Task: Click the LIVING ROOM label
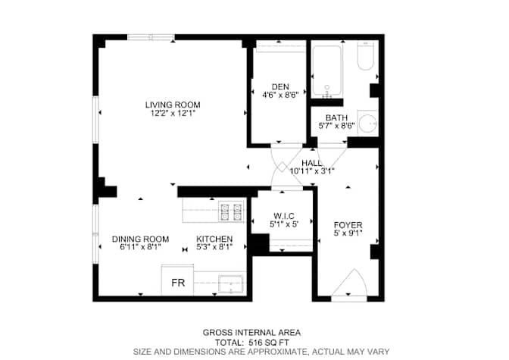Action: [x=173, y=105]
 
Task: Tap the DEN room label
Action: [x=280, y=86]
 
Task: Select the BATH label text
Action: [x=336, y=117]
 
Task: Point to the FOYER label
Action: [x=348, y=225]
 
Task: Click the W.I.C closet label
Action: [x=284, y=216]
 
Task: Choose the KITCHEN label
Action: [x=214, y=239]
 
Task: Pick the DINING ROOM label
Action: [x=141, y=239]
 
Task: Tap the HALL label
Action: [x=312, y=163]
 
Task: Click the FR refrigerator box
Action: [x=177, y=280]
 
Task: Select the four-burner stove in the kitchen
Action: [x=231, y=211]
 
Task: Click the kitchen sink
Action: [x=231, y=284]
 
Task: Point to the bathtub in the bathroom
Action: [x=327, y=71]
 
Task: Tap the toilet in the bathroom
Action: [x=366, y=56]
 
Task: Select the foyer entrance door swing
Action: [x=349, y=283]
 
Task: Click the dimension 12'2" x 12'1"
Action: [x=173, y=113]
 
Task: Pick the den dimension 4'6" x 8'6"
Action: [x=280, y=95]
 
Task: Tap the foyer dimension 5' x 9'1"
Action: [x=348, y=233]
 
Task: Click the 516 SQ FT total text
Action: [x=269, y=343]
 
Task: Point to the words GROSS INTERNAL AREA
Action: [x=251, y=333]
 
